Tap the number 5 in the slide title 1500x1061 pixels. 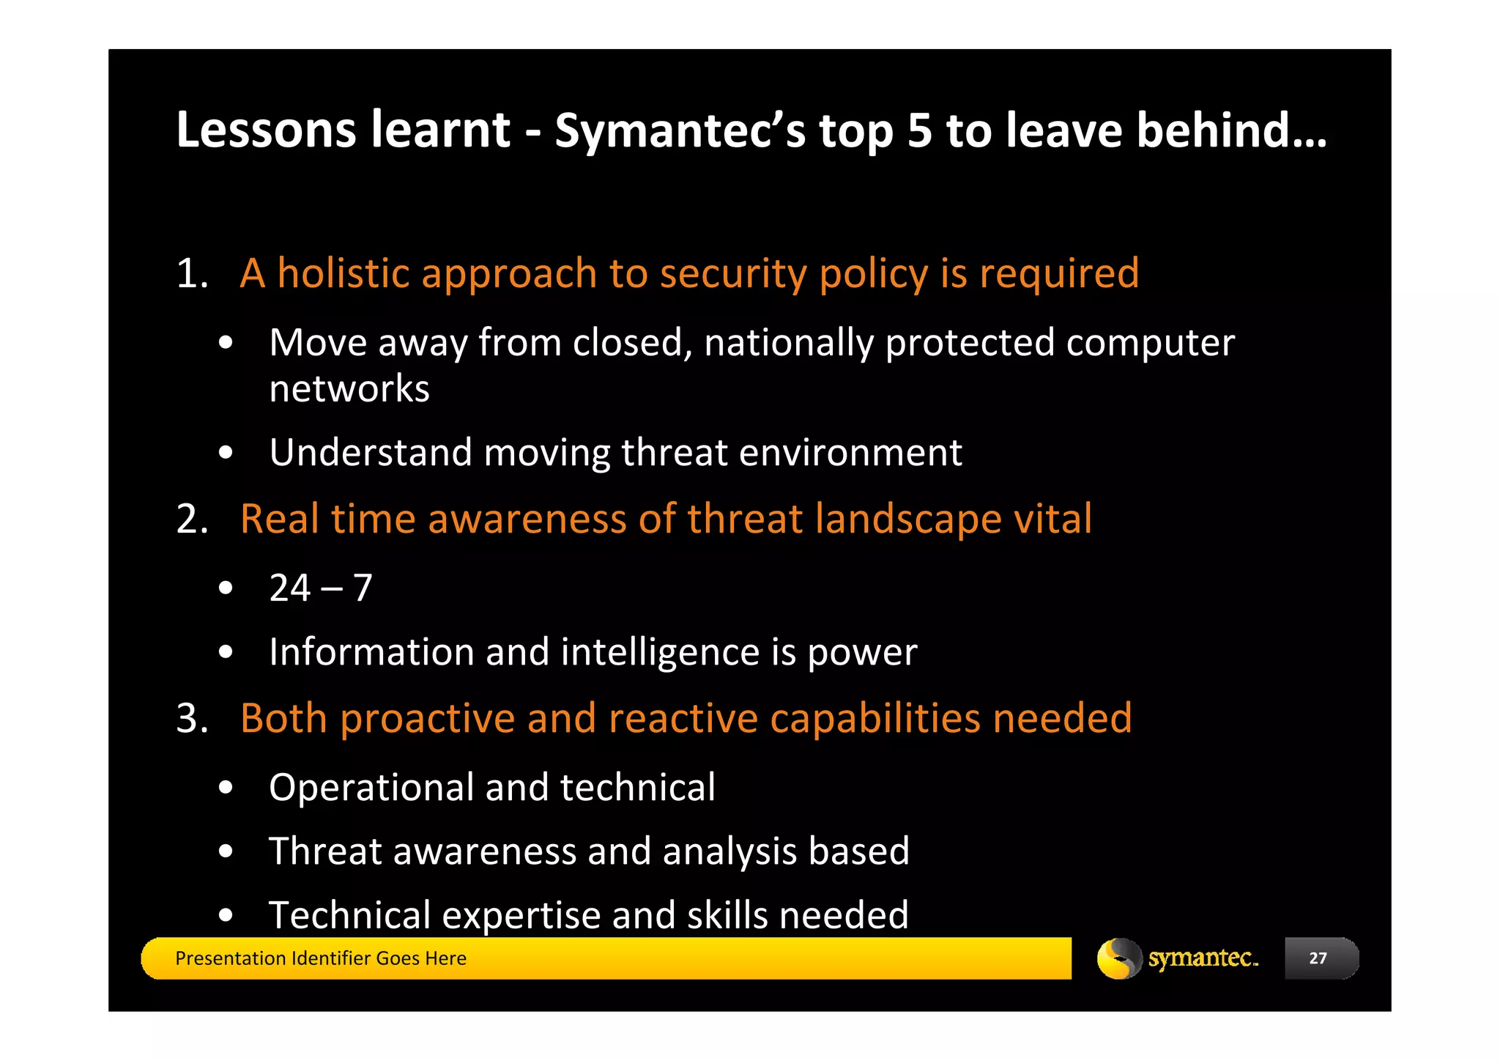tap(919, 130)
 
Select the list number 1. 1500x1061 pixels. tap(192, 274)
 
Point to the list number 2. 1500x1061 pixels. tap(192, 520)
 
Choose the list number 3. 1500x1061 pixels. tap(192, 718)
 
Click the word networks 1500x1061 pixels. tap(349, 388)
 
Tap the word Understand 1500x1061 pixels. tap(370, 452)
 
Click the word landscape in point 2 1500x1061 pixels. tap(907, 520)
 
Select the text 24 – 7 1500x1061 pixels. tap(321, 588)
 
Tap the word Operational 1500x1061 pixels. tap(371, 788)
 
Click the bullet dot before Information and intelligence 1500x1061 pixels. tap(226, 651)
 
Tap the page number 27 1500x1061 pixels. tap(1318, 958)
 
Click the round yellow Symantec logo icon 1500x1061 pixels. tap(1118, 958)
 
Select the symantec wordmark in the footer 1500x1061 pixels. tap(1202, 958)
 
